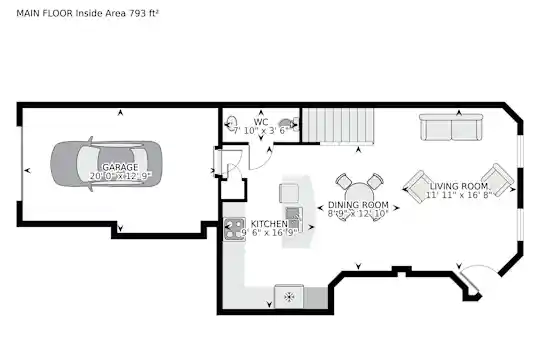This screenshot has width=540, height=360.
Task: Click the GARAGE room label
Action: [x=120, y=167]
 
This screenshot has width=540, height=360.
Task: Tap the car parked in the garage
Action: [x=106, y=164]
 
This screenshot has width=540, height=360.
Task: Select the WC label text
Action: [x=261, y=122]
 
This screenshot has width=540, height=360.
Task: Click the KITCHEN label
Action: [x=269, y=224]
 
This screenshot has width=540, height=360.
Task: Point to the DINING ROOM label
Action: [x=358, y=205]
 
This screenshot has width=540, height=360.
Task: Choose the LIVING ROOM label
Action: [x=459, y=186]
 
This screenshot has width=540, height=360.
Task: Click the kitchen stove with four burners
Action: [x=235, y=229]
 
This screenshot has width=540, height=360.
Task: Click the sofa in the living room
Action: [x=450, y=127]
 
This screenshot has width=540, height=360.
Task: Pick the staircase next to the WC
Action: [x=338, y=125]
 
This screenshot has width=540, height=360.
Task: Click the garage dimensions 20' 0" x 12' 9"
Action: [x=120, y=176]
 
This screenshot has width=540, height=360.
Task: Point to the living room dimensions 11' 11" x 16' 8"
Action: [x=459, y=195]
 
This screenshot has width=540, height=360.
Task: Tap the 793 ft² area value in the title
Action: [x=144, y=13]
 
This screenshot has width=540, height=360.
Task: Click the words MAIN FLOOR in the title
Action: [x=44, y=13]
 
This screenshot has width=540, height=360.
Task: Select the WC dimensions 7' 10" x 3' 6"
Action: [x=261, y=131]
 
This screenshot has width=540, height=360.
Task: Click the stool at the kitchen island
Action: [x=289, y=193]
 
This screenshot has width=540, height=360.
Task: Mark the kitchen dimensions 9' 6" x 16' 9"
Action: [x=269, y=233]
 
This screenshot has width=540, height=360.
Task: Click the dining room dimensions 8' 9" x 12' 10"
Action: [x=358, y=214]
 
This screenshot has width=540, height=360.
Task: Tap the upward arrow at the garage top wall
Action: [x=120, y=112]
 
